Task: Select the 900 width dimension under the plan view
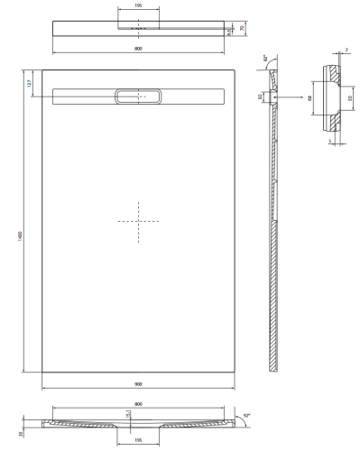point(138,384)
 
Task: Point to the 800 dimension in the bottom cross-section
point(138,405)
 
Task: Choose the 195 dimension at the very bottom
point(138,443)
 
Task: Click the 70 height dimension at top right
point(242,29)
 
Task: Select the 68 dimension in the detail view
point(309,97)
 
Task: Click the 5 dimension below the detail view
point(330,141)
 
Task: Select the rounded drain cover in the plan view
point(138,94)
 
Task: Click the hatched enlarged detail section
point(330,97)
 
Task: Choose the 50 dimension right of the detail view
point(350,97)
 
